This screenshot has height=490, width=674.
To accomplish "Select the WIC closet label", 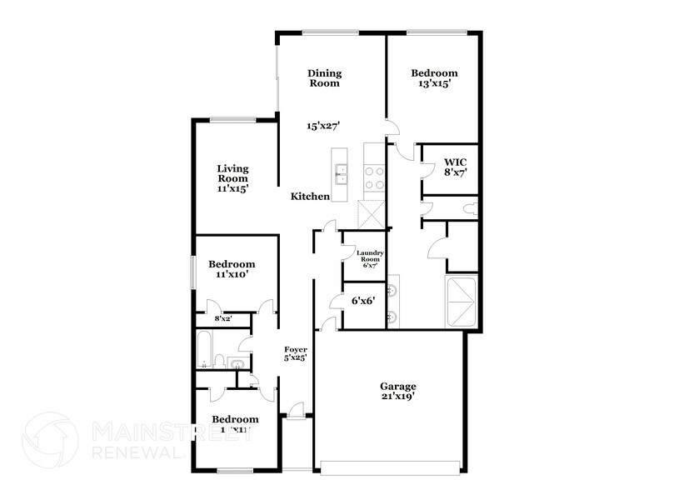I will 455,161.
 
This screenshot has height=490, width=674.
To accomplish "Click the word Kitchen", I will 310,197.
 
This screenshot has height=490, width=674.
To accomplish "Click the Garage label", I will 397,387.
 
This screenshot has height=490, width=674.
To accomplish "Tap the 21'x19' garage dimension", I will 397,397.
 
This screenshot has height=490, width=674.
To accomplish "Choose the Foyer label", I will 296,349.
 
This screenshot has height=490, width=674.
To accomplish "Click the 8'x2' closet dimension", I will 223,319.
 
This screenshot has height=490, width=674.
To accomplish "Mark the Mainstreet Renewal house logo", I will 50,437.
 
